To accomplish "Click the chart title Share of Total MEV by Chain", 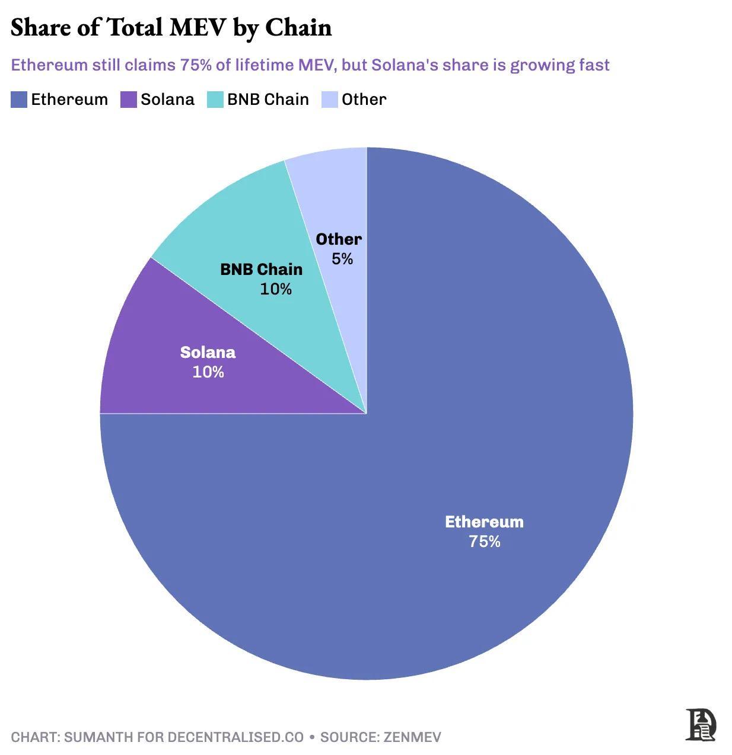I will pyautogui.click(x=171, y=28).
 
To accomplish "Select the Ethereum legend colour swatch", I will pyautogui.click(x=19, y=100).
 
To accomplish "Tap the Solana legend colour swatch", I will pyautogui.click(x=129, y=100).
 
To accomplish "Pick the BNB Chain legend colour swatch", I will pyautogui.click(x=215, y=100).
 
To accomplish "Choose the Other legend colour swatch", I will pyautogui.click(x=329, y=100).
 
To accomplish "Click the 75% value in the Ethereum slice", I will pyautogui.click(x=485, y=542).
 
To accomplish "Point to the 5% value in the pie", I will pyautogui.click(x=342, y=259).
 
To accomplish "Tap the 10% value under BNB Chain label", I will pyautogui.click(x=276, y=289).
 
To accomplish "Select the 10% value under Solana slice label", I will pyautogui.click(x=208, y=372).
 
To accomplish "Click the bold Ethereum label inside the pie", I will pyautogui.click(x=484, y=522).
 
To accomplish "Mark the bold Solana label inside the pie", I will pyautogui.click(x=208, y=353).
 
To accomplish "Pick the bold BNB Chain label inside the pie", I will pyautogui.click(x=261, y=270).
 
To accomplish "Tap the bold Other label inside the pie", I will pyautogui.click(x=339, y=239).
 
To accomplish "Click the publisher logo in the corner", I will pyautogui.click(x=701, y=724).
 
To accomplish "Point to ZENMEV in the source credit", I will pyautogui.click(x=412, y=737).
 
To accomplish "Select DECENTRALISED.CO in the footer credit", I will pyautogui.click(x=235, y=737).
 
